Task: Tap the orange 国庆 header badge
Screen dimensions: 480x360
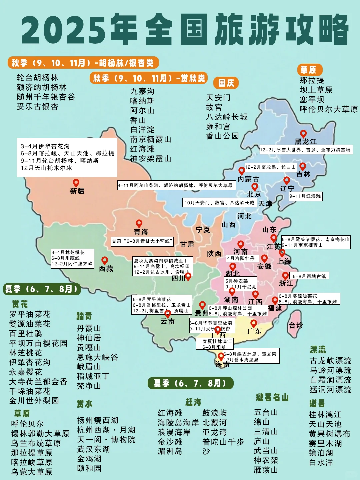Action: pyautogui.click(x=226, y=83)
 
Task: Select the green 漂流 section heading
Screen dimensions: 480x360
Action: pyautogui.click(x=318, y=350)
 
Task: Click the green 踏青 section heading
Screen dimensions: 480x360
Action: pyautogui.click(x=84, y=316)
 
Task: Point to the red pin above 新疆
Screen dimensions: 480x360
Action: pyautogui.click(x=76, y=183)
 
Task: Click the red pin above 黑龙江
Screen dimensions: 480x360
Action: pyautogui.click(x=303, y=134)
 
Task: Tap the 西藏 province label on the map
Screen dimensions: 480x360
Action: pyautogui.click(x=106, y=269)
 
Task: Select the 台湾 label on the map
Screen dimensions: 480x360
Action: pyautogui.click(x=296, y=325)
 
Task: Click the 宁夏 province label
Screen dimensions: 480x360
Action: pyautogui.click(x=203, y=230)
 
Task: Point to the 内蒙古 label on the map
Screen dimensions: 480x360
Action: pyautogui.click(x=248, y=179)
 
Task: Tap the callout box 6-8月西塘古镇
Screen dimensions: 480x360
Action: pyautogui.click(x=309, y=276)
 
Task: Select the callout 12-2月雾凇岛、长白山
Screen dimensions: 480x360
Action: pyautogui.click(x=270, y=167)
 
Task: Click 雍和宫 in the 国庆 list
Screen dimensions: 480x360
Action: pyautogui.click(x=218, y=126)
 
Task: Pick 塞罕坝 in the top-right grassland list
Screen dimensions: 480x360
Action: pyautogui.click(x=312, y=99)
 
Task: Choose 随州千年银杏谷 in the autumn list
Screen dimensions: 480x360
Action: pyautogui.click(x=46, y=97)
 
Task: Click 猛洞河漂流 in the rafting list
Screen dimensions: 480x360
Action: pyautogui.click(x=330, y=389)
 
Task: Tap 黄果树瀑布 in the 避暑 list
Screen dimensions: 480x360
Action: pyautogui.click(x=329, y=434)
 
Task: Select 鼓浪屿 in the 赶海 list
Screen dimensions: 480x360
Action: pyautogui.click(x=214, y=413)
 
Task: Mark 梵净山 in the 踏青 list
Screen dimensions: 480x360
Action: pyautogui.click(x=89, y=386)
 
